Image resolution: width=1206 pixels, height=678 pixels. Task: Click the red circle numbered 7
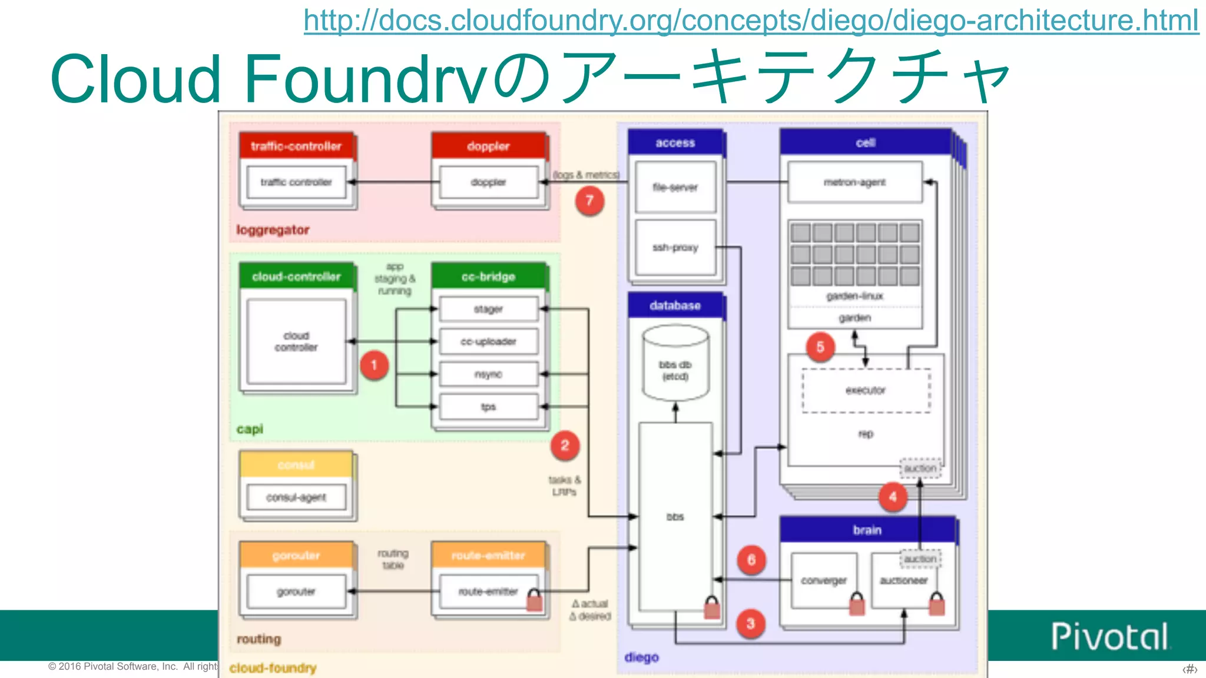point(589,201)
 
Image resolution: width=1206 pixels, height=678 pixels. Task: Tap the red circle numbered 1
point(374,365)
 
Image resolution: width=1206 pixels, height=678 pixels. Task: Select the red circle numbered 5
point(820,347)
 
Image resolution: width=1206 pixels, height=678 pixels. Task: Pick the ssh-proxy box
point(675,248)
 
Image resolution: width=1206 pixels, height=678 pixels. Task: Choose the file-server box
point(675,187)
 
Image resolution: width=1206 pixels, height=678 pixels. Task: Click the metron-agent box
point(854,182)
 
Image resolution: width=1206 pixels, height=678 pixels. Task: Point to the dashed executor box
point(866,390)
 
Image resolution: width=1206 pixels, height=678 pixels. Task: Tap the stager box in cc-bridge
point(489,309)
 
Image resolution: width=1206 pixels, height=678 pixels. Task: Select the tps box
point(489,407)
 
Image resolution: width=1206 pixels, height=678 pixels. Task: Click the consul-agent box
point(296,497)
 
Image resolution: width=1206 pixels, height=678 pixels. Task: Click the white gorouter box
point(296,591)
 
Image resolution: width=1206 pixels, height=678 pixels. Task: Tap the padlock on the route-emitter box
point(534,600)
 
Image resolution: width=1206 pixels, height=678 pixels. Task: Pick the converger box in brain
point(823,580)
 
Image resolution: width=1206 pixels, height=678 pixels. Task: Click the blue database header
point(675,305)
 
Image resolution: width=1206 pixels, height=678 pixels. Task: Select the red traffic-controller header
point(296,146)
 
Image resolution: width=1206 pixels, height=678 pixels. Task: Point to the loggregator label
point(273,230)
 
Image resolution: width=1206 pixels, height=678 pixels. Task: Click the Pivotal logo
point(1110,636)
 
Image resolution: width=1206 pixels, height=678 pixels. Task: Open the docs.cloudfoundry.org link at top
point(751,20)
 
